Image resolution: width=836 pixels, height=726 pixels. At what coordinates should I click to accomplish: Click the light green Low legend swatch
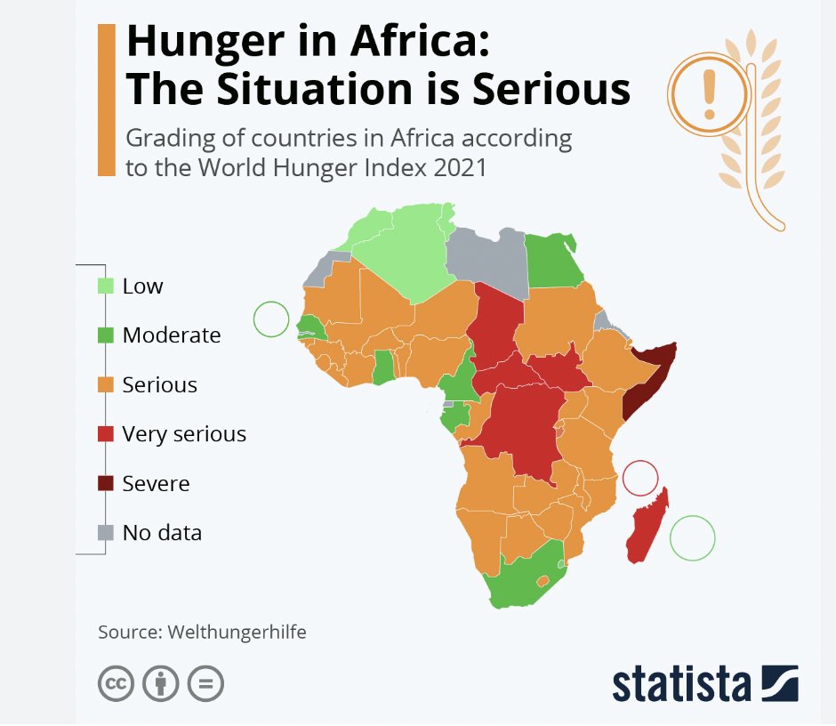(106, 286)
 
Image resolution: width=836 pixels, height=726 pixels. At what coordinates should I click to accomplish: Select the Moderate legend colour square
(106, 335)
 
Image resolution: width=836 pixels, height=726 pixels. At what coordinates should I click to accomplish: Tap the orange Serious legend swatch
(106, 384)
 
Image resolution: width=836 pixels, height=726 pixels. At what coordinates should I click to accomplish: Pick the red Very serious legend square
(106, 434)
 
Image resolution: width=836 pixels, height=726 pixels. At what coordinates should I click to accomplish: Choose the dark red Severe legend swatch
(106, 483)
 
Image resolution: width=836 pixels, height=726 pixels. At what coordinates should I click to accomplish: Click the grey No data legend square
(106, 533)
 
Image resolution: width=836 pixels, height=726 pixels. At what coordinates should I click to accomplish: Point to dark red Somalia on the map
(646, 378)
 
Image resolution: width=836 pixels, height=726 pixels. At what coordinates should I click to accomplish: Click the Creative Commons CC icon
(115, 684)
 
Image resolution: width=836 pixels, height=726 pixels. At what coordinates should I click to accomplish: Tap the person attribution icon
(161, 684)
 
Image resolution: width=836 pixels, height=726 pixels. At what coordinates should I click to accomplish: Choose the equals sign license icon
(205, 684)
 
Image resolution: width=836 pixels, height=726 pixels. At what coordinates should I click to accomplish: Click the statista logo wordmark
(680, 683)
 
